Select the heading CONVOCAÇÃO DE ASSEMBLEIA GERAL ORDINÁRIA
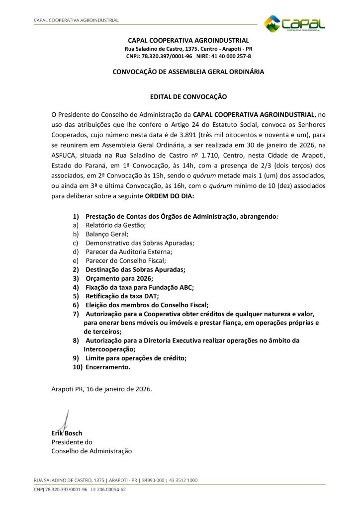(x=188, y=72)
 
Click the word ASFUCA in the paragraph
(x=65, y=155)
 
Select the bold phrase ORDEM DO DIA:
(x=170, y=196)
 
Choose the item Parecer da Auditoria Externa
(x=128, y=252)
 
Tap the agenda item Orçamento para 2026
(x=119, y=278)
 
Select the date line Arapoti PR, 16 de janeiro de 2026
(x=102, y=389)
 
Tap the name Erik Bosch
(x=67, y=433)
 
